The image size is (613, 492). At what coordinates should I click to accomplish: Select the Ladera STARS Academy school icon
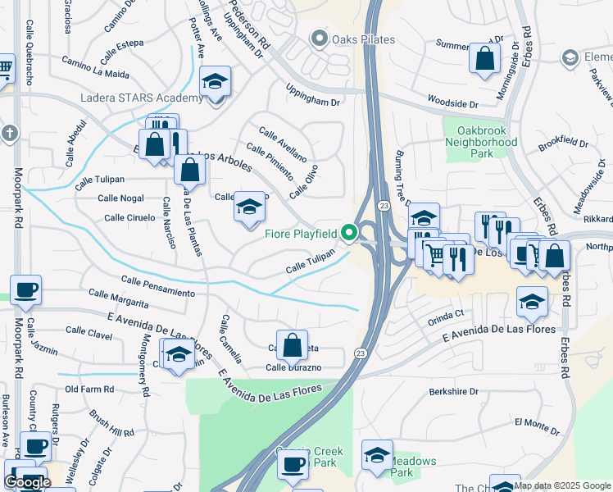point(216,83)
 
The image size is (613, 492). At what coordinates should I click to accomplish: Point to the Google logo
point(27,482)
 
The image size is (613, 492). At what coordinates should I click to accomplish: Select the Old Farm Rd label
point(84,389)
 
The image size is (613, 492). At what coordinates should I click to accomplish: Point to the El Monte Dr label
point(537,423)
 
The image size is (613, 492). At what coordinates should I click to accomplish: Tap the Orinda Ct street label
point(445,313)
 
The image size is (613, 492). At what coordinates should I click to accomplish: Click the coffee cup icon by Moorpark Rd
point(25,290)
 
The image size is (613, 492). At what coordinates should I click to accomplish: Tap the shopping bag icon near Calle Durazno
point(292,347)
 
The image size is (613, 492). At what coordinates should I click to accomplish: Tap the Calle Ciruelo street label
point(129,217)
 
